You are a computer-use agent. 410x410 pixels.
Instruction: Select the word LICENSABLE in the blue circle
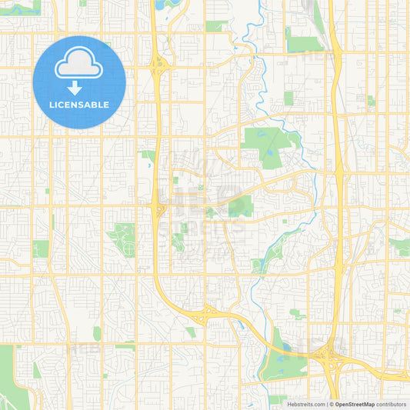79,105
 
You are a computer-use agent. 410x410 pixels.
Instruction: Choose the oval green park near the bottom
97,333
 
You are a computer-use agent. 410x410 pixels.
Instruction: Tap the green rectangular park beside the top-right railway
302,44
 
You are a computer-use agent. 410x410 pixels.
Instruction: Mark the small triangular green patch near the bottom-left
37,371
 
